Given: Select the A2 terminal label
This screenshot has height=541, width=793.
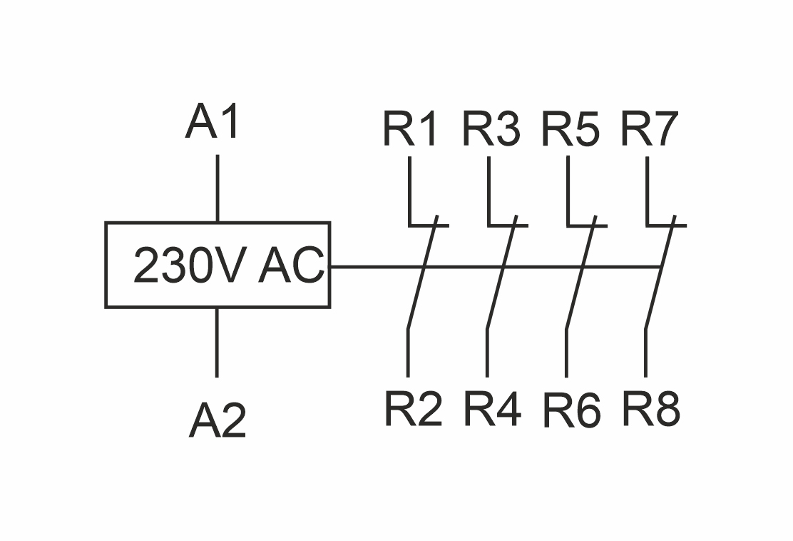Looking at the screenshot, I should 218,420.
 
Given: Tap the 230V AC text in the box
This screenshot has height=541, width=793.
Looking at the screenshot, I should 228,266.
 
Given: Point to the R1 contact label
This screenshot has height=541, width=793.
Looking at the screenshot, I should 409,129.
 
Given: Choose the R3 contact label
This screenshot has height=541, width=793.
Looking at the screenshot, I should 491,129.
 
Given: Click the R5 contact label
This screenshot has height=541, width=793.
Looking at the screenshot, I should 570,129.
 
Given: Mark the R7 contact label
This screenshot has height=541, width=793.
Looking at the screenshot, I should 648,129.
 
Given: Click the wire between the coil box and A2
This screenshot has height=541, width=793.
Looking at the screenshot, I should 218,342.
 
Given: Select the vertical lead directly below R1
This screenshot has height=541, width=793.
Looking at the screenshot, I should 409,189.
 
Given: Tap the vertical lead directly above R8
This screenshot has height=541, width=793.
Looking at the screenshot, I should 646,353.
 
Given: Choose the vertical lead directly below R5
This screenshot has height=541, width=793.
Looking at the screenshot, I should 568,189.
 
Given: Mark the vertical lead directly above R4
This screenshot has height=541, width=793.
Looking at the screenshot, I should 488,353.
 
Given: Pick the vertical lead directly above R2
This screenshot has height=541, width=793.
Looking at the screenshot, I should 409,353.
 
